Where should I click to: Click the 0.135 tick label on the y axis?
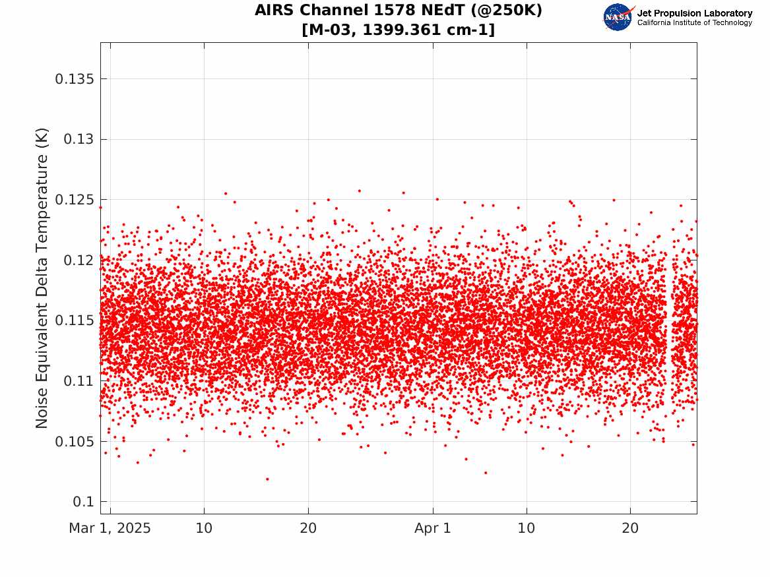pos(74,79)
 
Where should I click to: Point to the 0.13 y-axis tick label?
pos(79,139)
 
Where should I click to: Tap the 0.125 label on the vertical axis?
pos(74,200)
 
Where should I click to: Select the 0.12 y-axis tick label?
pos(79,260)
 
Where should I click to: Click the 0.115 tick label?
pos(74,320)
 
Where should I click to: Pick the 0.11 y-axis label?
pos(79,380)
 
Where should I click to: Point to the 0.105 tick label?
pos(74,442)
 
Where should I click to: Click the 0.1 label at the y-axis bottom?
pos(83,502)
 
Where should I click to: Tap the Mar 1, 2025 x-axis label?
pos(110,528)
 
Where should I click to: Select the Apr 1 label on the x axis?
pos(433,528)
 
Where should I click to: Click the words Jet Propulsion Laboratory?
pos(694,13)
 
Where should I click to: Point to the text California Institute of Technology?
pos(694,22)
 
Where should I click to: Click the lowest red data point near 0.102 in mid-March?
pos(267,479)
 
